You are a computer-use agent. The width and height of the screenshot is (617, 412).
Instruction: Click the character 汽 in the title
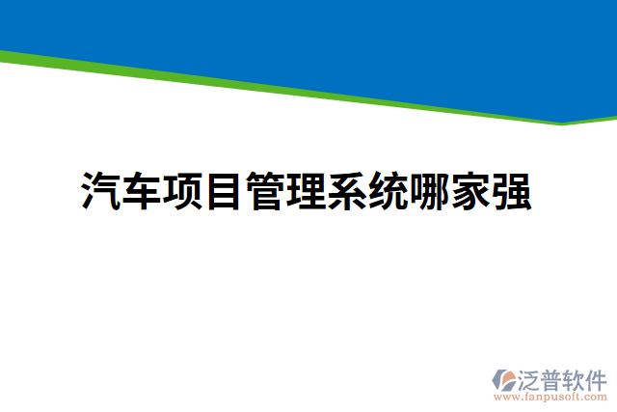point(100,191)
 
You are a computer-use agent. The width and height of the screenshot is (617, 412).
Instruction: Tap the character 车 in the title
point(142,191)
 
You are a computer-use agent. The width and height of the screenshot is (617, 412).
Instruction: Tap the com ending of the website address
point(597,397)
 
